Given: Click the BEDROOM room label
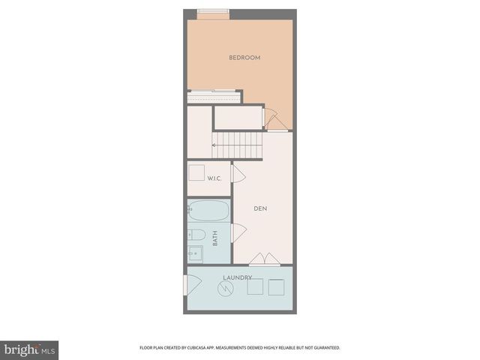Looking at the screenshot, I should point(244,58).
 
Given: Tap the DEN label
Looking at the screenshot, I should point(260,208).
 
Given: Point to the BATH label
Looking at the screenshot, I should point(215,239).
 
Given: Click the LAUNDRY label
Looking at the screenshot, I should point(237,277).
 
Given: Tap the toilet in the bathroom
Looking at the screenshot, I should point(195,232).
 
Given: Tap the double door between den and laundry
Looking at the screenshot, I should point(265,259).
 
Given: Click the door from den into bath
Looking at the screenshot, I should point(238,233).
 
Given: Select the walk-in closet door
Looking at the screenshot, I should point(238,175).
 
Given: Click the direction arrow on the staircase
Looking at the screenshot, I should point(215,145).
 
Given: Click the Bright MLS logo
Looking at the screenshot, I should point(29,350).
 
